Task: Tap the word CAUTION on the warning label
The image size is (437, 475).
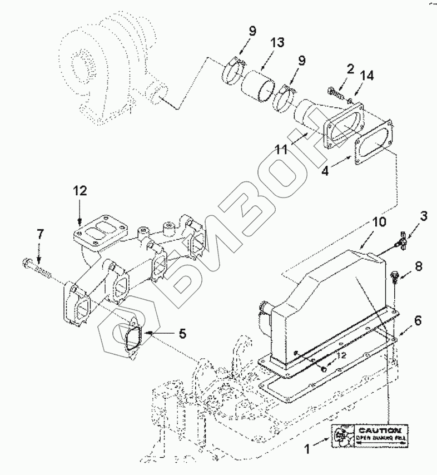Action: pos(379,431)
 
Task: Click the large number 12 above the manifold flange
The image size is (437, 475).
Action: pos(79,191)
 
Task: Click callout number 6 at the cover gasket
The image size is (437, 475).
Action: pos(417,321)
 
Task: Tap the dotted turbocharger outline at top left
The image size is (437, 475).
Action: pos(106,72)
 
